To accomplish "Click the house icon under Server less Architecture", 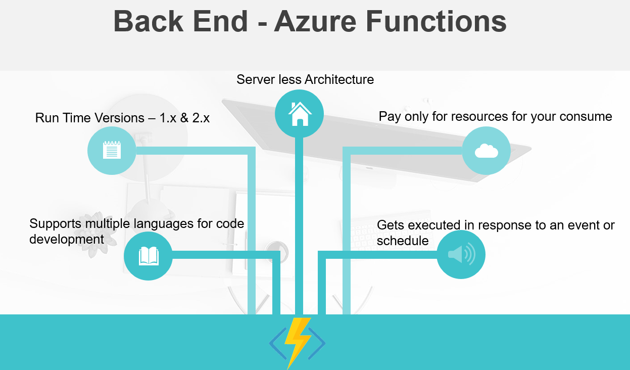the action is [300, 113].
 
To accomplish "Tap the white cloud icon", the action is [487, 151].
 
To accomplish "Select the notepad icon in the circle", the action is [112, 150].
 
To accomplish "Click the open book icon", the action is [149, 256].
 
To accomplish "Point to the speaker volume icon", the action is [462, 254].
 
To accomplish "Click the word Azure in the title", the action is [315, 21].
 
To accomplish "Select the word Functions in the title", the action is [436, 21].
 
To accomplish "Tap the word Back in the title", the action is [149, 21].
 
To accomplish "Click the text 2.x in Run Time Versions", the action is [201, 118].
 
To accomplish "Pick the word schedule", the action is [403, 241].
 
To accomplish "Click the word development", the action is [67, 240].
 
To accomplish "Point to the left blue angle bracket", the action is [278, 343].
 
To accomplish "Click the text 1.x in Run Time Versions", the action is [168, 118].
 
